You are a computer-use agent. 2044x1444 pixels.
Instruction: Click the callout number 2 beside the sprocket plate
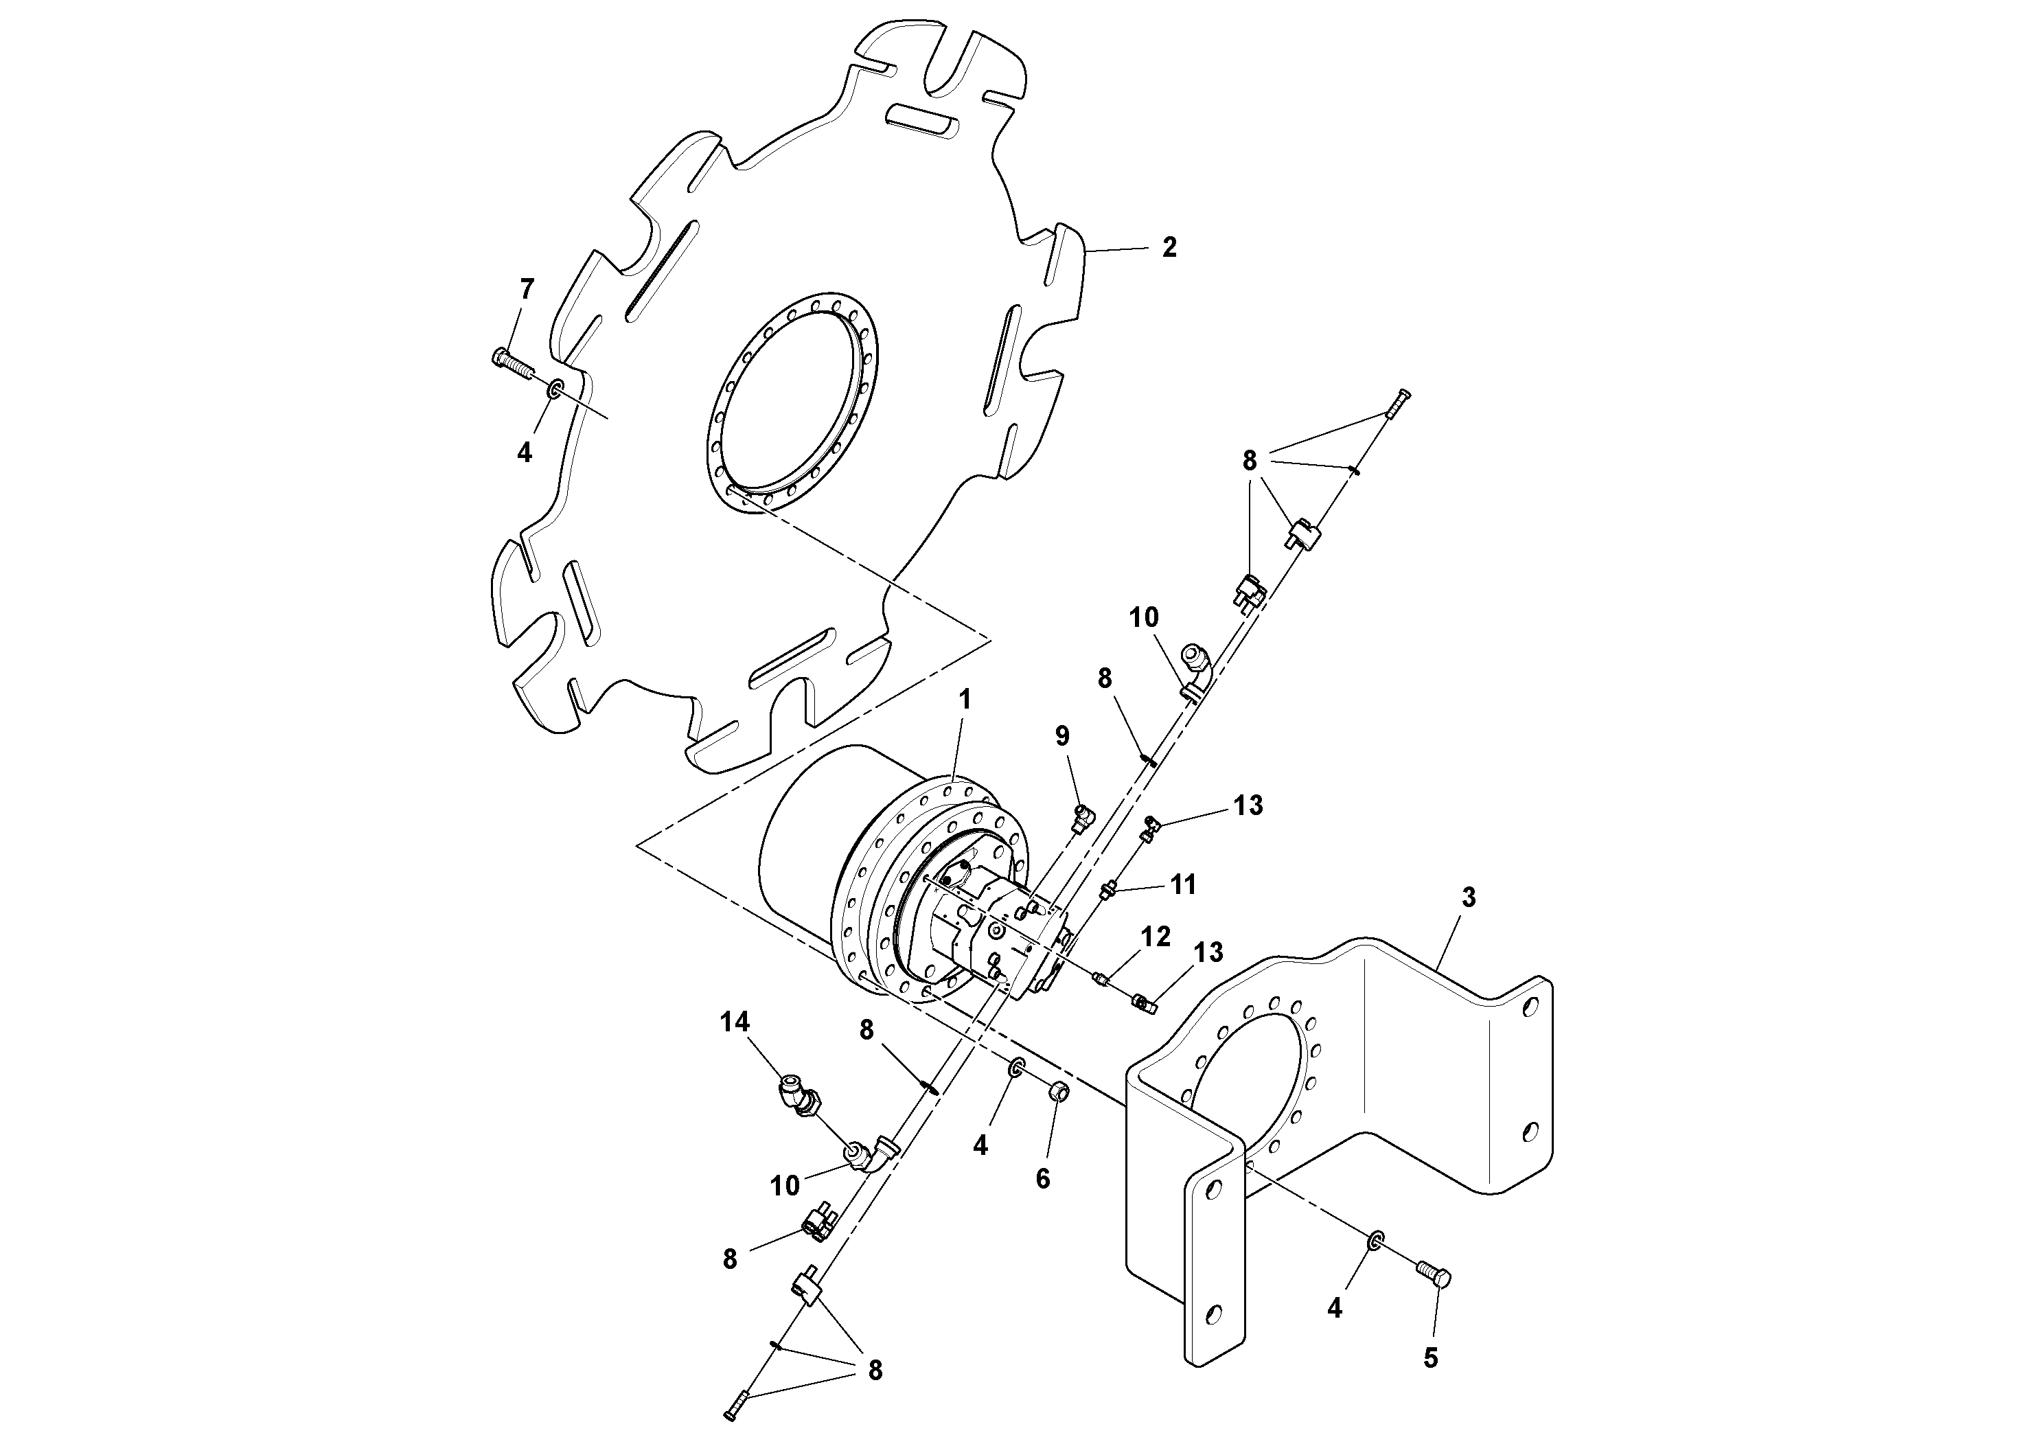coord(1169,247)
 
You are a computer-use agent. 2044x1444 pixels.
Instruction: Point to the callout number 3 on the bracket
coord(1468,898)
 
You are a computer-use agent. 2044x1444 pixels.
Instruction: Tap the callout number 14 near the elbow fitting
coord(735,1022)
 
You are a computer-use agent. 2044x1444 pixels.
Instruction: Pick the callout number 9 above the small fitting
coord(1062,735)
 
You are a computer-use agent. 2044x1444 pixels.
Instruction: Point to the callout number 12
coord(1156,936)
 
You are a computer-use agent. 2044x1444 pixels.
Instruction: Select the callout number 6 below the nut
coord(1042,1179)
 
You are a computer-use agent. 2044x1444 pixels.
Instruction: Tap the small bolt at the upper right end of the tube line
coord(1399,404)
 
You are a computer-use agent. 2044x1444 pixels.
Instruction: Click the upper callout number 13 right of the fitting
coord(1248,805)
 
